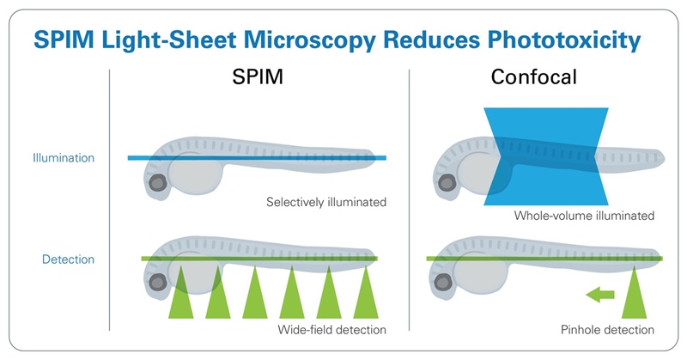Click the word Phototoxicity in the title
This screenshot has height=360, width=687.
(564, 40)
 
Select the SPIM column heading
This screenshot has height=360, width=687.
(258, 77)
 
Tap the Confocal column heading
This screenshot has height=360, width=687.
(533, 77)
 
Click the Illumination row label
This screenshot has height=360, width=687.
(64, 158)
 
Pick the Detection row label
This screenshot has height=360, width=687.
(68, 259)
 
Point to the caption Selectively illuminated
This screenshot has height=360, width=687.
(326, 202)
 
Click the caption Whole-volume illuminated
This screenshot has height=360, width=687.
(584, 216)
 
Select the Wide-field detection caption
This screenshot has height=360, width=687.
(332, 330)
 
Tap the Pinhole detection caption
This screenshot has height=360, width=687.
(607, 330)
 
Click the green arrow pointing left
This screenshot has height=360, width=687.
(599, 295)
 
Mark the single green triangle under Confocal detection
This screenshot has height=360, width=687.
(634, 292)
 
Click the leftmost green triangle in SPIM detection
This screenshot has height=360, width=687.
(181, 292)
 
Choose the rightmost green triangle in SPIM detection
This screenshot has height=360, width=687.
(366, 292)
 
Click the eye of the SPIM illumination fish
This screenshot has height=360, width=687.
(158, 183)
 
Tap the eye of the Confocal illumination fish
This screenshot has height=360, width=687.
(447, 183)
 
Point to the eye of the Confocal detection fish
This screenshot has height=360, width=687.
(442, 283)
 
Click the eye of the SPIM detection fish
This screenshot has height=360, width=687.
(158, 283)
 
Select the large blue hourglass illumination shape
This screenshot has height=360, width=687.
(546, 156)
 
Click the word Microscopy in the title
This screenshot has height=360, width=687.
(309, 40)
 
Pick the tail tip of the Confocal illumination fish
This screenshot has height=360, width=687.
(665, 158)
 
